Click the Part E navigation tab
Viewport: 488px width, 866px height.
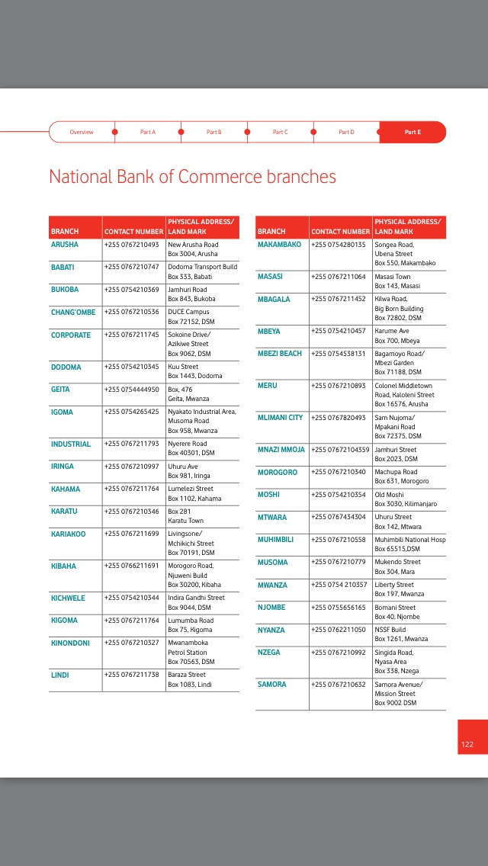pos(413,132)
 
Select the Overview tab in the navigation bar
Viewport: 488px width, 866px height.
pos(82,132)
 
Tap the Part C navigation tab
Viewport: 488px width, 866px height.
pos(280,132)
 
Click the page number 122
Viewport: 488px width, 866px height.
pos(467,744)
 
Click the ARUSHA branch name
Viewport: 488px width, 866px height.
pos(65,245)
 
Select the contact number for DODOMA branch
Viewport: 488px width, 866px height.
pos(131,367)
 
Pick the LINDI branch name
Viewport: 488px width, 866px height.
pos(60,675)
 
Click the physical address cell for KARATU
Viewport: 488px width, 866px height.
pos(185,516)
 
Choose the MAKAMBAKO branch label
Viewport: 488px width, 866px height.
pos(279,245)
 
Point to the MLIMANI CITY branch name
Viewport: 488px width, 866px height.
pos(280,418)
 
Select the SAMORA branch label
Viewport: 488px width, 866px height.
pos(272,685)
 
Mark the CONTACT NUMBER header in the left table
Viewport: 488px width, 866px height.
pos(133,231)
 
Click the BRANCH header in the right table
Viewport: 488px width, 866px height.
pos(271,231)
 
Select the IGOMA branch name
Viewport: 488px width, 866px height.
pos(63,412)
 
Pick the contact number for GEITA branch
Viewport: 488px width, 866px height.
pos(131,390)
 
